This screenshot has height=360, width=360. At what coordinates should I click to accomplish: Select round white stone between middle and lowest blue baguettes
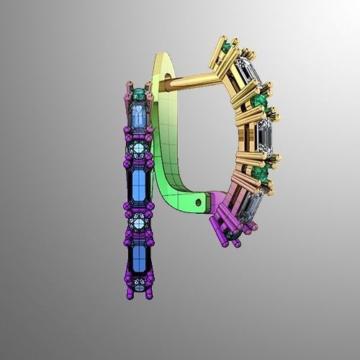140,214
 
